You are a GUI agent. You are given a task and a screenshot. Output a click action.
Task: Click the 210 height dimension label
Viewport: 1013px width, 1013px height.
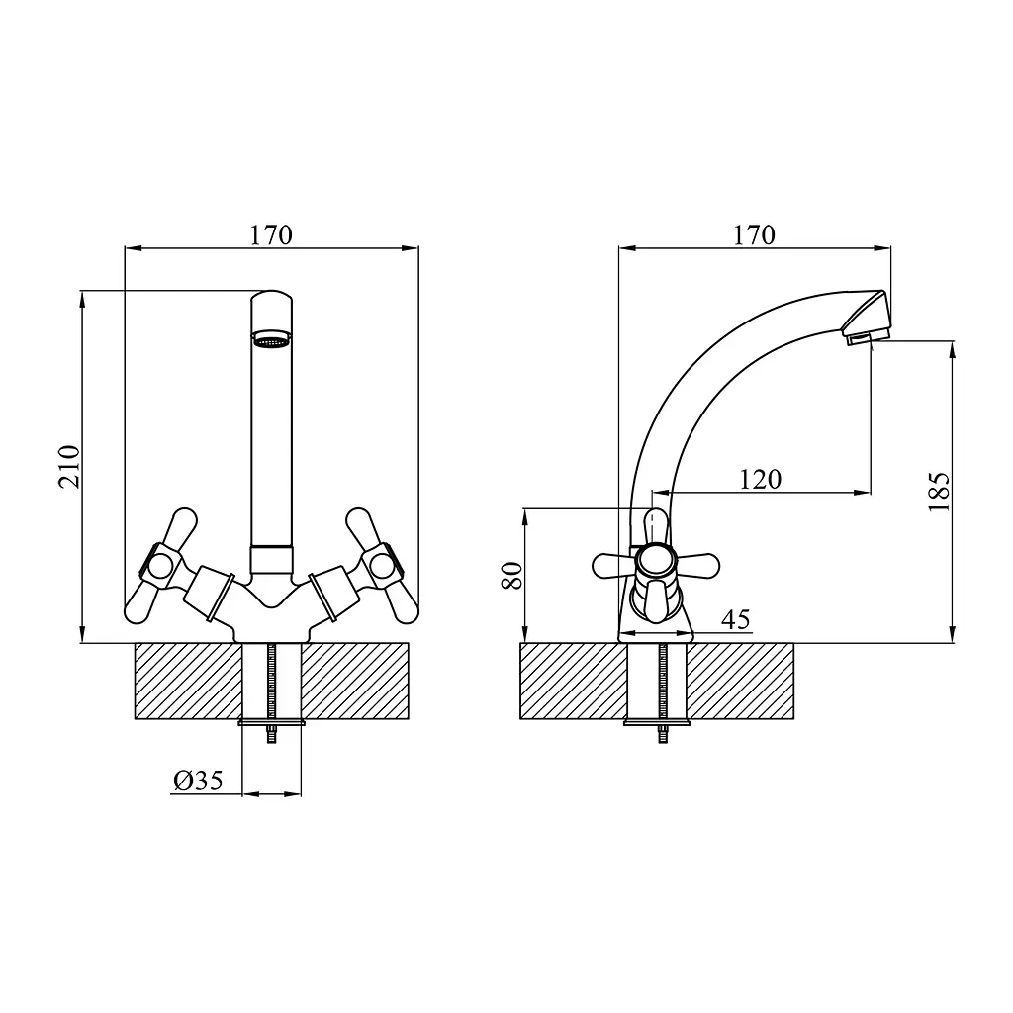70,467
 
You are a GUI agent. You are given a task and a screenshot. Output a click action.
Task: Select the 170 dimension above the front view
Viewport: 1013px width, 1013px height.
271,235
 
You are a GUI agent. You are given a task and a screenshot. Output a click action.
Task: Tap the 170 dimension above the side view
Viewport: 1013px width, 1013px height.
754,235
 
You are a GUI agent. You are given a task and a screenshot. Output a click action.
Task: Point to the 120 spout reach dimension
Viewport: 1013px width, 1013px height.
761,480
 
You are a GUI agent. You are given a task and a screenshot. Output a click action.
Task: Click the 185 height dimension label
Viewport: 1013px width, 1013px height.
939,493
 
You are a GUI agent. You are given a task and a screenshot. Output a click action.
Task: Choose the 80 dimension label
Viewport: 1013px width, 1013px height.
512,575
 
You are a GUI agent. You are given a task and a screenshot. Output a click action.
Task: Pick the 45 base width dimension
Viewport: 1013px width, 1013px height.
736,619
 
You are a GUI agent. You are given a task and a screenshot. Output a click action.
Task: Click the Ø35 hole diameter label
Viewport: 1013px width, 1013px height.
198,781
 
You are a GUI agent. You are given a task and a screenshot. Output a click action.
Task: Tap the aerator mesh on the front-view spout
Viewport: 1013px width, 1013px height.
271,339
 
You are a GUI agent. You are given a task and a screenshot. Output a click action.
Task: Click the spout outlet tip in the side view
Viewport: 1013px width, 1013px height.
868,336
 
